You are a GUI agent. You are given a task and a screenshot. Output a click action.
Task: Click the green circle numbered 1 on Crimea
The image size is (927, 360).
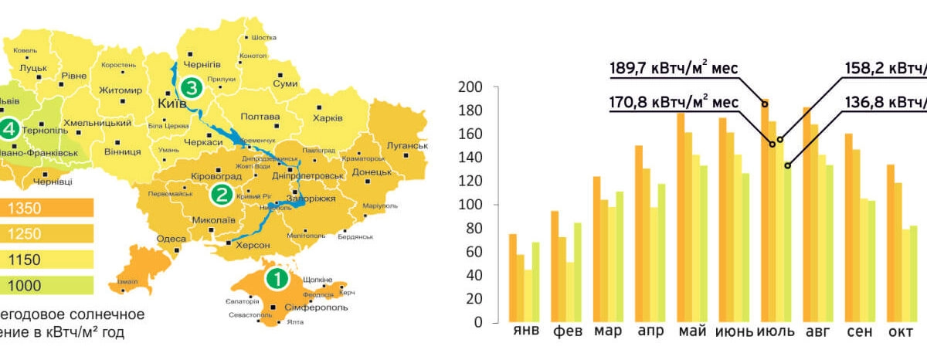(276, 277)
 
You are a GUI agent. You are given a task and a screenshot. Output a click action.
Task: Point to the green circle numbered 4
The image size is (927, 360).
(8, 127)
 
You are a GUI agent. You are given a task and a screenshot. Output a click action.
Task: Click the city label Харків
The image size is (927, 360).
(328, 118)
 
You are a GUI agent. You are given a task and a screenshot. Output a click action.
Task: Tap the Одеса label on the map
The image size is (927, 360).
(171, 239)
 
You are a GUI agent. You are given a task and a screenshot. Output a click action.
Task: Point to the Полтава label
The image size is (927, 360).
(260, 117)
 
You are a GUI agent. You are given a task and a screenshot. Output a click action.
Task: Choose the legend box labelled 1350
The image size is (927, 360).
(46, 208)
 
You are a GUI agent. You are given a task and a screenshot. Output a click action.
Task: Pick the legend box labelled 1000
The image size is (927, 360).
(46, 286)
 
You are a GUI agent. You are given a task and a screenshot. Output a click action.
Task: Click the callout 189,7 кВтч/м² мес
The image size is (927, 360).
(674, 69)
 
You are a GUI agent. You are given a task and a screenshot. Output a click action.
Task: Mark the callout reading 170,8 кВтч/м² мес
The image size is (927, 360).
(674, 101)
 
